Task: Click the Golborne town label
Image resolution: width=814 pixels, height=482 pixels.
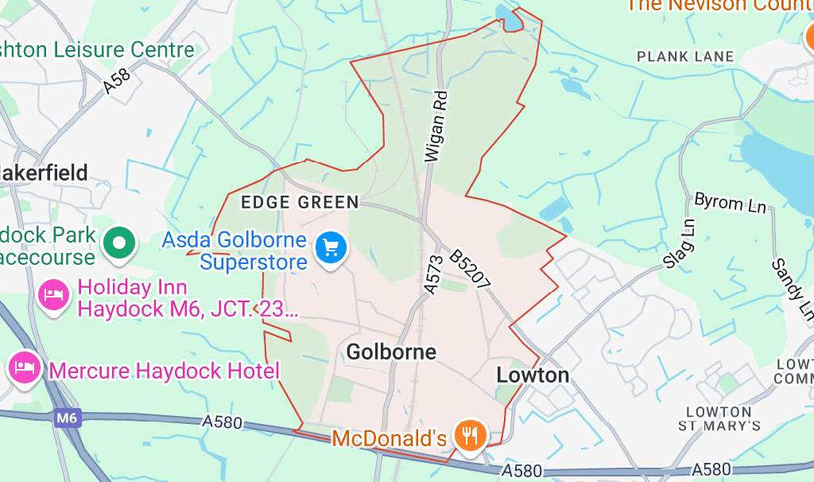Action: (391, 352)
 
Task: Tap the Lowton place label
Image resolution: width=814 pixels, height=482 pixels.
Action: (532, 375)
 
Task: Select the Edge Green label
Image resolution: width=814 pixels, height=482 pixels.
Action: (300, 202)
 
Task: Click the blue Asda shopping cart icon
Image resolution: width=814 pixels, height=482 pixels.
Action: (330, 248)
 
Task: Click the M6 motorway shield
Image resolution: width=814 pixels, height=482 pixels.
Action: (68, 416)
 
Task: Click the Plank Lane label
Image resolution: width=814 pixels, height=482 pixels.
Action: (685, 57)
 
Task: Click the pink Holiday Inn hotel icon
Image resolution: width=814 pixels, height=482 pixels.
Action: (53, 295)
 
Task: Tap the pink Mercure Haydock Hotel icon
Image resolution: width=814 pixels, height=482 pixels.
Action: (22, 367)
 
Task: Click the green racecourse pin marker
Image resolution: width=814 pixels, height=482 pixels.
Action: (121, 240)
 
